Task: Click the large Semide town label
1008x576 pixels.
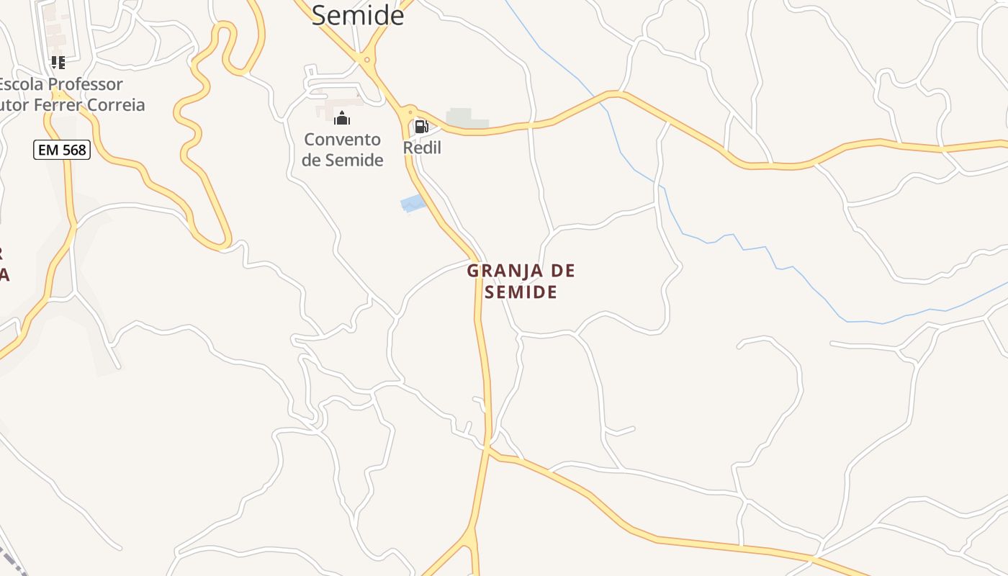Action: [x=358, y=14]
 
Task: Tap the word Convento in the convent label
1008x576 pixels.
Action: [x=342, y=139]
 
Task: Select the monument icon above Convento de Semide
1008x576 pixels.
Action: [x=342, y=118]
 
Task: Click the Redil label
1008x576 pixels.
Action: [x=422, y=148]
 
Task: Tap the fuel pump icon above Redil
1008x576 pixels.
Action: [x=421, y=127]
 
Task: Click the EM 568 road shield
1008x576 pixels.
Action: [x=61, y=150]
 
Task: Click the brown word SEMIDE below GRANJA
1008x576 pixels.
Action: [x=521, y=292]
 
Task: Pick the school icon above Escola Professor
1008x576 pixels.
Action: [x=58, y=63]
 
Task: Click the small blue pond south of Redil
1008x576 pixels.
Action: [x=413, y=204]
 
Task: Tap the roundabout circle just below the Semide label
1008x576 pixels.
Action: [x=367, y=60]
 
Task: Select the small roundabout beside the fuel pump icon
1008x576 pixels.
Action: [x=410, y=112]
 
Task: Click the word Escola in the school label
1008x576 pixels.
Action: [x=19, y=84]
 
